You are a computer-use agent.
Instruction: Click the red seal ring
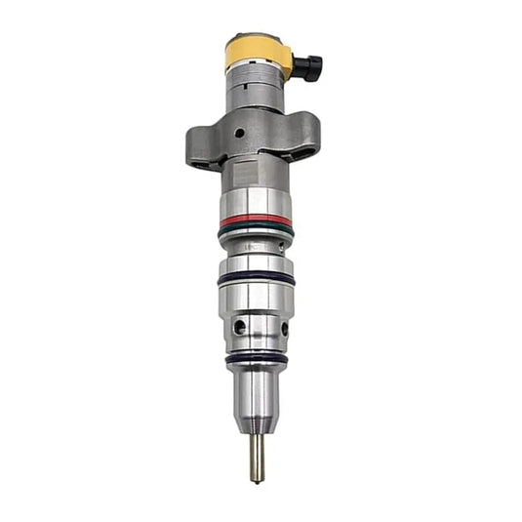click(255, 221)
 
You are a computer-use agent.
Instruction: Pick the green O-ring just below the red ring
click(255, 232)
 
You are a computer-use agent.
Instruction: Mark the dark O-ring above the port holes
click(256, 278)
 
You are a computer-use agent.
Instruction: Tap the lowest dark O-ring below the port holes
click(256, 358)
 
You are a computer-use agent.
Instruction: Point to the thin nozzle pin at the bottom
click(257, 454)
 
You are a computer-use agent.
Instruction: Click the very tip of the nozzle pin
click(258, 479)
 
